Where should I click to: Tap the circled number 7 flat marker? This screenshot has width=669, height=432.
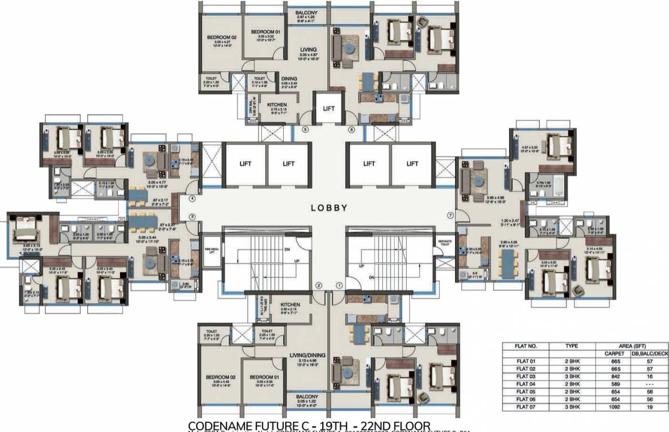[449, 215]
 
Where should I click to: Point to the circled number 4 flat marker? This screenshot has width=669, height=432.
[192, 199]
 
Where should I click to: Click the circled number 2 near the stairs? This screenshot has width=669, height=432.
[319, 285]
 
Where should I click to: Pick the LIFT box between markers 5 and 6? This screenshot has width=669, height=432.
[329, 108]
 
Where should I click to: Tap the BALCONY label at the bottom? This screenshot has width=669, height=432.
[307, 396]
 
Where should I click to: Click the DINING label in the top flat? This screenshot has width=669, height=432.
[289, 79]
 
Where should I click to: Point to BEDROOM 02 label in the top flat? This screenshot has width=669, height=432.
[220, 38]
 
